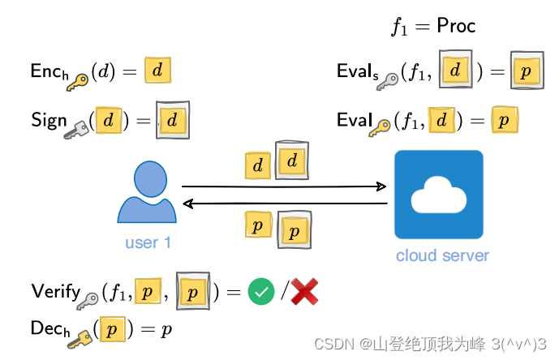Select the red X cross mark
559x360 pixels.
pos(303,291)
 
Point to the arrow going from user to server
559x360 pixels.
pos(284,186)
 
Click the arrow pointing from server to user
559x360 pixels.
pos(284,204)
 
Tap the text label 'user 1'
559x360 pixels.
pos(148,242)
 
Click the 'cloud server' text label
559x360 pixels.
pos(442,255)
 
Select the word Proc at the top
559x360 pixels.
pos(456,26)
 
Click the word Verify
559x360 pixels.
pos(54,290)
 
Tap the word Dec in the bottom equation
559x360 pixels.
pos(45,328)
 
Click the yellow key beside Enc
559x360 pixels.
pos(78,80)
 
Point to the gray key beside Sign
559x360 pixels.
pos(78,129)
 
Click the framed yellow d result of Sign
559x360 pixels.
pos(172,120)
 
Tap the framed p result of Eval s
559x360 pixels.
pos(527,71)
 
